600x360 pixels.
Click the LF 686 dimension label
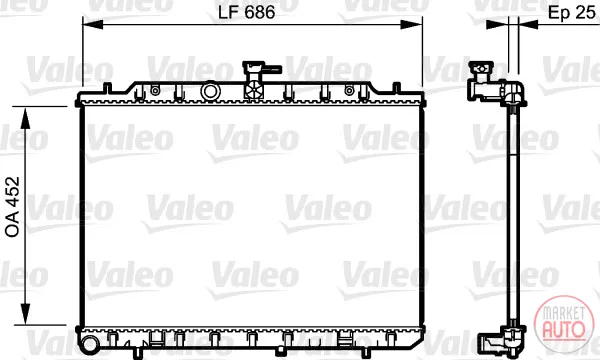(246, 12)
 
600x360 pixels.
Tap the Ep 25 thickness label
(572, 12)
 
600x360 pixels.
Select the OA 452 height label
(12, 207)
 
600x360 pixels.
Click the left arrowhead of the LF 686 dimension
(93, 24)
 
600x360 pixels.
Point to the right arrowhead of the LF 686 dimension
(411, 24)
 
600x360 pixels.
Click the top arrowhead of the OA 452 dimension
(25, 119)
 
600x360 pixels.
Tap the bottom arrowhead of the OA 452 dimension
(25, 314)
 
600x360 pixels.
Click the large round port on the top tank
(210, 91)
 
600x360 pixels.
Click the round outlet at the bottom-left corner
(90, 343)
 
